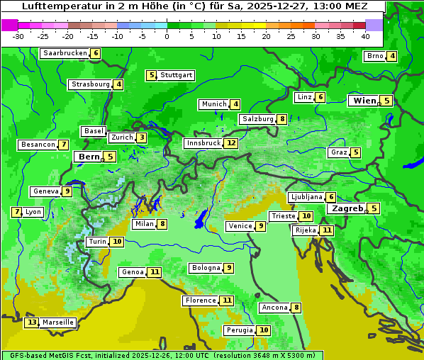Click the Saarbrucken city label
65,53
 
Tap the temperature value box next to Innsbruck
231,143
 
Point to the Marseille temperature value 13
31,322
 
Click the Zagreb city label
347,208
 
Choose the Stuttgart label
176,75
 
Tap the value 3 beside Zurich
142,137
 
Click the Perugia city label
239,330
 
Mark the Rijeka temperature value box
326,230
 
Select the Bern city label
89,157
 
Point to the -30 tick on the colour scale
18,36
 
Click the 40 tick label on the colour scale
365,36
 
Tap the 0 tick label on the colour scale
167,36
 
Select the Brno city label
374,57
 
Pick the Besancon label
38,145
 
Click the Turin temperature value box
117,242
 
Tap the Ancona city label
274,308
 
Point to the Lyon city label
33,212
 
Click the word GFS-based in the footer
28,355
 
